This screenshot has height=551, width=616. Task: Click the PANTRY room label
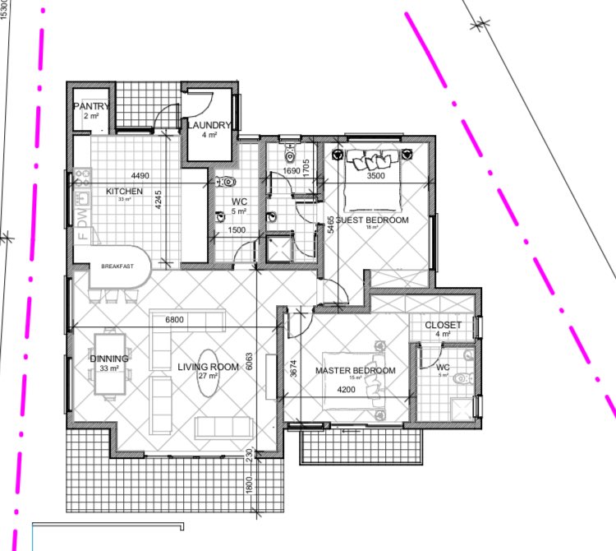click(91, 107)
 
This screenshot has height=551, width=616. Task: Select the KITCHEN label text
click(125, 192)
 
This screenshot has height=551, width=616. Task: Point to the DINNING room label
click(109, 359)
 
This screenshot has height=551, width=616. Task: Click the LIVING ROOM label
click(208, 366)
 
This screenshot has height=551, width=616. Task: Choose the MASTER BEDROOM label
click(355, 371)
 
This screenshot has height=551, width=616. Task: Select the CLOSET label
click(444, 326)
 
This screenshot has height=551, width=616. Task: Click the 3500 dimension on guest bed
click(376, 175)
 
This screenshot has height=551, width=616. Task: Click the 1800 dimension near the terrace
click(248, 485)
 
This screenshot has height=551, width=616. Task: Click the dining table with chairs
click(109, 363)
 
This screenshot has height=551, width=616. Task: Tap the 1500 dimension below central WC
click(237, 231)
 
